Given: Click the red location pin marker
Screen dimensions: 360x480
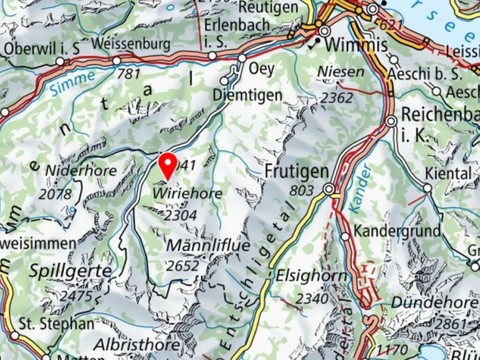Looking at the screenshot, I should (168, 164).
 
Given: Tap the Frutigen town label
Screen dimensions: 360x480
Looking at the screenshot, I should (297, 171).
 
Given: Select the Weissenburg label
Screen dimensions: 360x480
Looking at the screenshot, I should (132, 45).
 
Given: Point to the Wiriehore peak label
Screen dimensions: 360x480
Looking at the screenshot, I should (189, 191).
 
